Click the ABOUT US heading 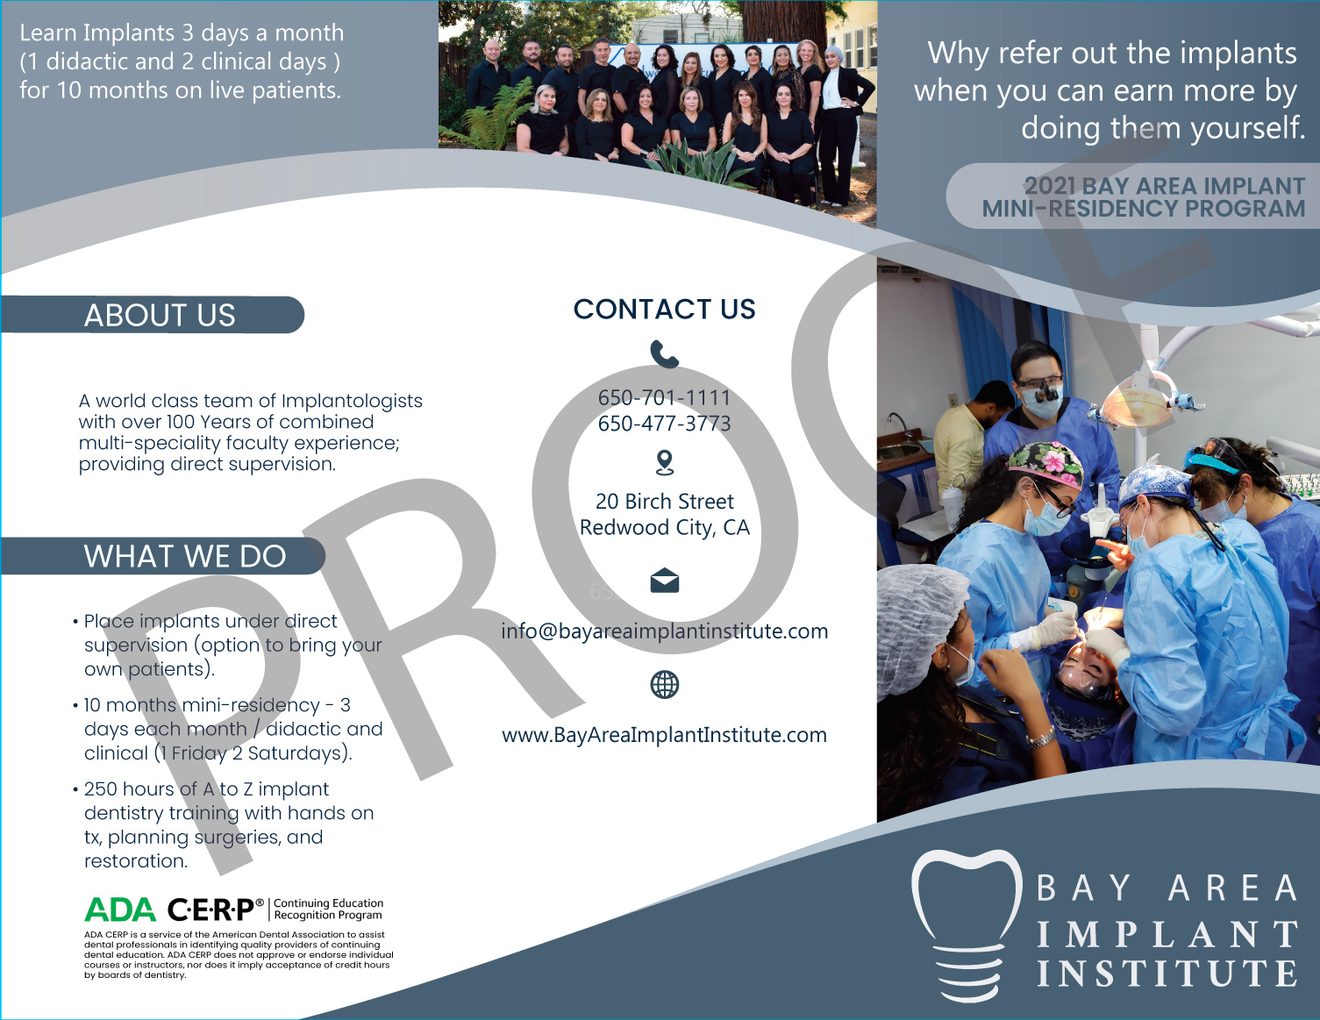[x=160, y=315]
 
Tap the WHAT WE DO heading [x=185, y=556]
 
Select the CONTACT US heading [x=665, y=309]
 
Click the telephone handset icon [x=665, y=354]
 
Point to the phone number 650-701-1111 [x=665, y=397]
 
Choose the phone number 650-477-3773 [x=665, y=424]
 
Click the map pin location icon [x=665, y=463]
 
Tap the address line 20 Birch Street [x=665, y=502]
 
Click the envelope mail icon [x=665, y=581]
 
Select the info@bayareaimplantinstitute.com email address [x=665, y=631]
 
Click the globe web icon [x=665, y=685]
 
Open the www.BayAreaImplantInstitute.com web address [x=665, y=735]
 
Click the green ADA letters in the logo [x=120, y=909]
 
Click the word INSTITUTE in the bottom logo [x=1167, y=974]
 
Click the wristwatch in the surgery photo [x=1041, y=738]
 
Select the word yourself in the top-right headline [x=1247, y=129]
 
